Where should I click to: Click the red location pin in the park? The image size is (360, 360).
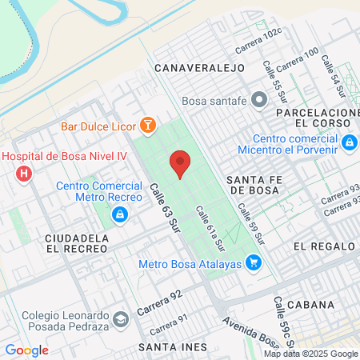click(180, 164)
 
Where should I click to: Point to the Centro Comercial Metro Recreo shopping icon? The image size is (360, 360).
click(118, 214)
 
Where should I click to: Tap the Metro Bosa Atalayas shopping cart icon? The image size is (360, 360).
click(253, 262)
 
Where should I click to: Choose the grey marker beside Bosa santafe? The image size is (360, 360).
click(258, 101)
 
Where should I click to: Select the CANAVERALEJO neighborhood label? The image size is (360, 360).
click(199, 68)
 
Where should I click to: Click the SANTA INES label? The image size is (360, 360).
click(172, 346)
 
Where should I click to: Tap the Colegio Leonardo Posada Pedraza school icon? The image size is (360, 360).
click(120, 319)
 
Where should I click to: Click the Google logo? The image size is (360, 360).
click(26, 350)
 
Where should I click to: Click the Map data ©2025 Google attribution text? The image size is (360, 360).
click(311, 354)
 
